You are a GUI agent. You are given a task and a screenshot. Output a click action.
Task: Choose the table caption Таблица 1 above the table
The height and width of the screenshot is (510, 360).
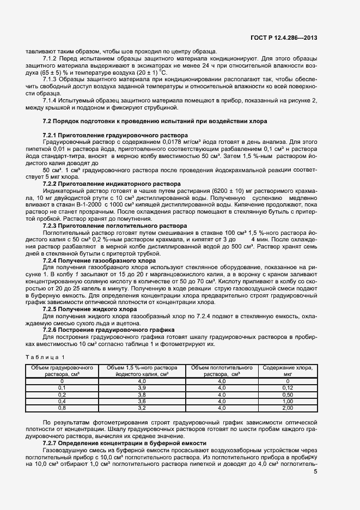coord(45,357)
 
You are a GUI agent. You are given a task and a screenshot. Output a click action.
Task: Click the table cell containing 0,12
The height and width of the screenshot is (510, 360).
coord(288,387)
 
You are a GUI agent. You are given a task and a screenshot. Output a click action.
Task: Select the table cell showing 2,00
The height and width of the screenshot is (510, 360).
coord(288,407)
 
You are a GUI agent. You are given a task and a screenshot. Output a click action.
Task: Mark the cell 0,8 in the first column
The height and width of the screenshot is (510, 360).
coord(62,407)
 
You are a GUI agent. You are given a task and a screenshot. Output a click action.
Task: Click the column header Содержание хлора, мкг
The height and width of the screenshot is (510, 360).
coord(288,371)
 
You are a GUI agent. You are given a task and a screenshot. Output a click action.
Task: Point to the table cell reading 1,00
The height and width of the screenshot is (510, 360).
coord(288,400)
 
